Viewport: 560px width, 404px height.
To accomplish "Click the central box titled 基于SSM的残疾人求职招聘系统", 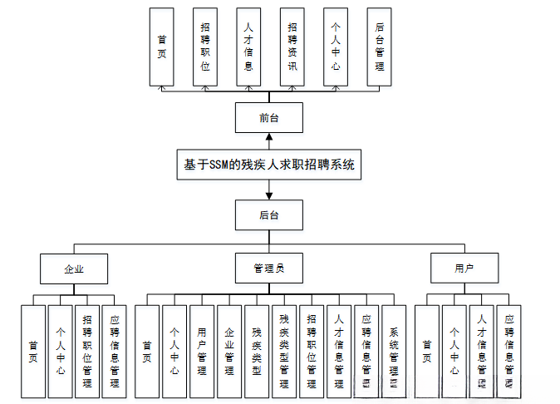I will (268, 165).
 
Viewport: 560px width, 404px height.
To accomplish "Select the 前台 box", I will (268, 118).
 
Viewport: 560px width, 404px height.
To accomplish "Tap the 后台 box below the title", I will (268, 215).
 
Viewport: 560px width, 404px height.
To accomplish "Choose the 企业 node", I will (74, 269).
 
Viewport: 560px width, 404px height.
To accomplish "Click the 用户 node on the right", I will (464, 269).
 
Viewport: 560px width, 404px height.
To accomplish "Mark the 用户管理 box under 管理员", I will (201, 352).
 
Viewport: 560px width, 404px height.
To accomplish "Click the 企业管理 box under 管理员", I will (228, 352).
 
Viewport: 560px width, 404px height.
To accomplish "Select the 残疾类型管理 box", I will (283, 352).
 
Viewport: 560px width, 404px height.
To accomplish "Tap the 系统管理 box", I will (393, 352).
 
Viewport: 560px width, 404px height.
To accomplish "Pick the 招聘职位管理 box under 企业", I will (87, 352).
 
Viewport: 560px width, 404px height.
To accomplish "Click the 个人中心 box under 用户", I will (454, 352).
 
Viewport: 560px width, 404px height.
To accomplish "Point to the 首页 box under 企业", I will (32, 352).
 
